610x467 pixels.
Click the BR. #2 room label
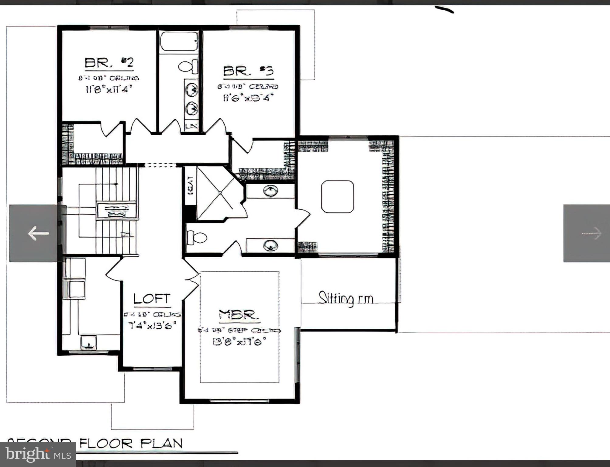(109, 63)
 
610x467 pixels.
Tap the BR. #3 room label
(248, 71)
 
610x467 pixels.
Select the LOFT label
(152, 299)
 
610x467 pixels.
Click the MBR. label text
(239, 315)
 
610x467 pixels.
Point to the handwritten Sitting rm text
(346, 299)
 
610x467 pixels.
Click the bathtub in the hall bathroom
(179, 42)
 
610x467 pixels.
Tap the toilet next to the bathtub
(188, 67)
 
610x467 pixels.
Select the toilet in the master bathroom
(196, 237)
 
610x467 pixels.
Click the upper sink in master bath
(270, 191)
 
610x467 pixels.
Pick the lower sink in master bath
(270, 245)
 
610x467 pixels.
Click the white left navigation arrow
(38, 233)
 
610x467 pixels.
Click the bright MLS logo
(38, 455)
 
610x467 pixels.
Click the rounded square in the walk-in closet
(337, 197)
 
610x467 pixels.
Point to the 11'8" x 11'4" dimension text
(109, 90)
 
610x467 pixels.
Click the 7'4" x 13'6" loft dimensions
(153, 326)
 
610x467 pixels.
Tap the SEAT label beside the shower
(191, 186)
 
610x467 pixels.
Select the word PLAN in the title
(161, 444)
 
